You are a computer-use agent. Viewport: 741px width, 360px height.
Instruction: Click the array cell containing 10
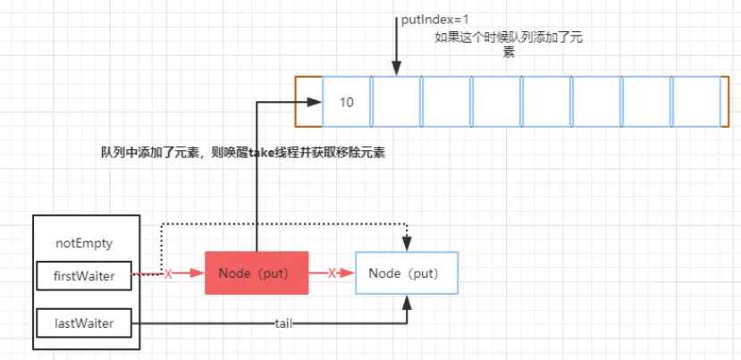coord(347,102)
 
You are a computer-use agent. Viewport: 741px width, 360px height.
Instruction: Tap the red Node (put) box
coord(257,272)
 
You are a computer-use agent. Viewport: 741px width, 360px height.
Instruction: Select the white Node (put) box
coord(407,272)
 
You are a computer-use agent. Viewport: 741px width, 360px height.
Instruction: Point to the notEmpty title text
coord(85,242)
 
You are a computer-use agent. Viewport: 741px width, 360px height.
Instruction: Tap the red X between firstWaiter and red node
coord(169,274)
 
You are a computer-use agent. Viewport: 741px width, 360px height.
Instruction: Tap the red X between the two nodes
coord(332,273)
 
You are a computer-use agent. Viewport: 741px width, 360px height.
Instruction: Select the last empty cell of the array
coord(695,102)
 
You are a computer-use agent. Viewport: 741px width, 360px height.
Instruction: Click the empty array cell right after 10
coord(396,102)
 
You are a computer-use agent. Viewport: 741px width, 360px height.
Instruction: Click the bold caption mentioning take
coord(242,153)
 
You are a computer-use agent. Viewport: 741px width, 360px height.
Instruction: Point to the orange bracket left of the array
coord(304,102)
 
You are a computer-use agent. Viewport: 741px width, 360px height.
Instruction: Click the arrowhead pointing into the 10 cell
coord(316,103)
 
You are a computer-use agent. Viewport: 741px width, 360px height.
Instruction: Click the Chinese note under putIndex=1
coord(508,44)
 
